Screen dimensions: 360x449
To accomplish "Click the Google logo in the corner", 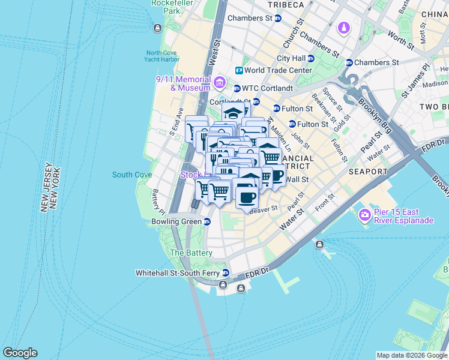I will tap(20, 353).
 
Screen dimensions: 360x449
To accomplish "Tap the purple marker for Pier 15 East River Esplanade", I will tap(364, 214).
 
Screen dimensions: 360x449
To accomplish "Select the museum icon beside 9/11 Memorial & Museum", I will tap(219, 82).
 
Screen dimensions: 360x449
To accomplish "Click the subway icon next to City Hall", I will tap(311, 58).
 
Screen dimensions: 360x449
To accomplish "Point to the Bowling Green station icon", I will tap(207, 222).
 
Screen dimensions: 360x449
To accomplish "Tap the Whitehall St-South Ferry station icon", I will tap(225, 273).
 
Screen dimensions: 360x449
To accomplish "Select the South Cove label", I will tap(131, 175).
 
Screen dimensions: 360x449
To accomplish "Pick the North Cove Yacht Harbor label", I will tap(162, 56).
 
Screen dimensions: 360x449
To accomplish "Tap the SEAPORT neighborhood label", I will tap(368, 172).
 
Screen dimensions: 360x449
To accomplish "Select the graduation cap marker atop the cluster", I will tap(233, 112).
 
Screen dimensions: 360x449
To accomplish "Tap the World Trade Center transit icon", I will tap(239, 70).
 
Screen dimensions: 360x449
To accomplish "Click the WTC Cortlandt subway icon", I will tap(237, 88).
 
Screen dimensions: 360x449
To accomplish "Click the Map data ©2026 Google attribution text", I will tap(412, 355).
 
